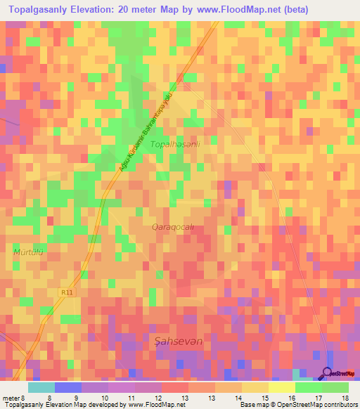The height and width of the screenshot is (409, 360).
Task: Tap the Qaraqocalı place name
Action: click(172, 227)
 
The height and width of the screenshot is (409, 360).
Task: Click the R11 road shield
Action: click(66, 291)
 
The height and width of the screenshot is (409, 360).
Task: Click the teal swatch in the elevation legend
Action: click(41, 387)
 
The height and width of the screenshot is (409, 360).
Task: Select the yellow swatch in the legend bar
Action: click(281, 387)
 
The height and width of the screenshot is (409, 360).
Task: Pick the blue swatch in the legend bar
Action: click(67, 387)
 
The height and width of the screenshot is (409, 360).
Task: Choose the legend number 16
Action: click(290, 398)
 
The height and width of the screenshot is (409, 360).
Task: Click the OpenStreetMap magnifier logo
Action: click(327, 373)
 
